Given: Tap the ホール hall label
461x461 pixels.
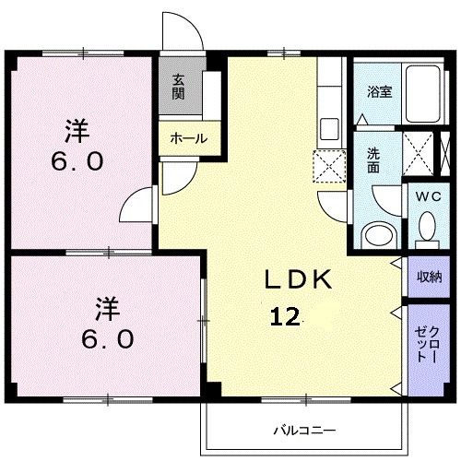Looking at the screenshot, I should tap(187, 138).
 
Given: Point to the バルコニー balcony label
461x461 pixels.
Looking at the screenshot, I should tap(303, 430).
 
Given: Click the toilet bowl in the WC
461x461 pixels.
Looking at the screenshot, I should tap(426, 223).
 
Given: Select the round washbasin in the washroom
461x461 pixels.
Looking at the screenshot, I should tap(376, 232).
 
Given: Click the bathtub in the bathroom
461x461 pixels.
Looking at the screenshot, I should tap(425, 95).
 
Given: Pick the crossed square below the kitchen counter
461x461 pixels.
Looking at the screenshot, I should tap(327, 164).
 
